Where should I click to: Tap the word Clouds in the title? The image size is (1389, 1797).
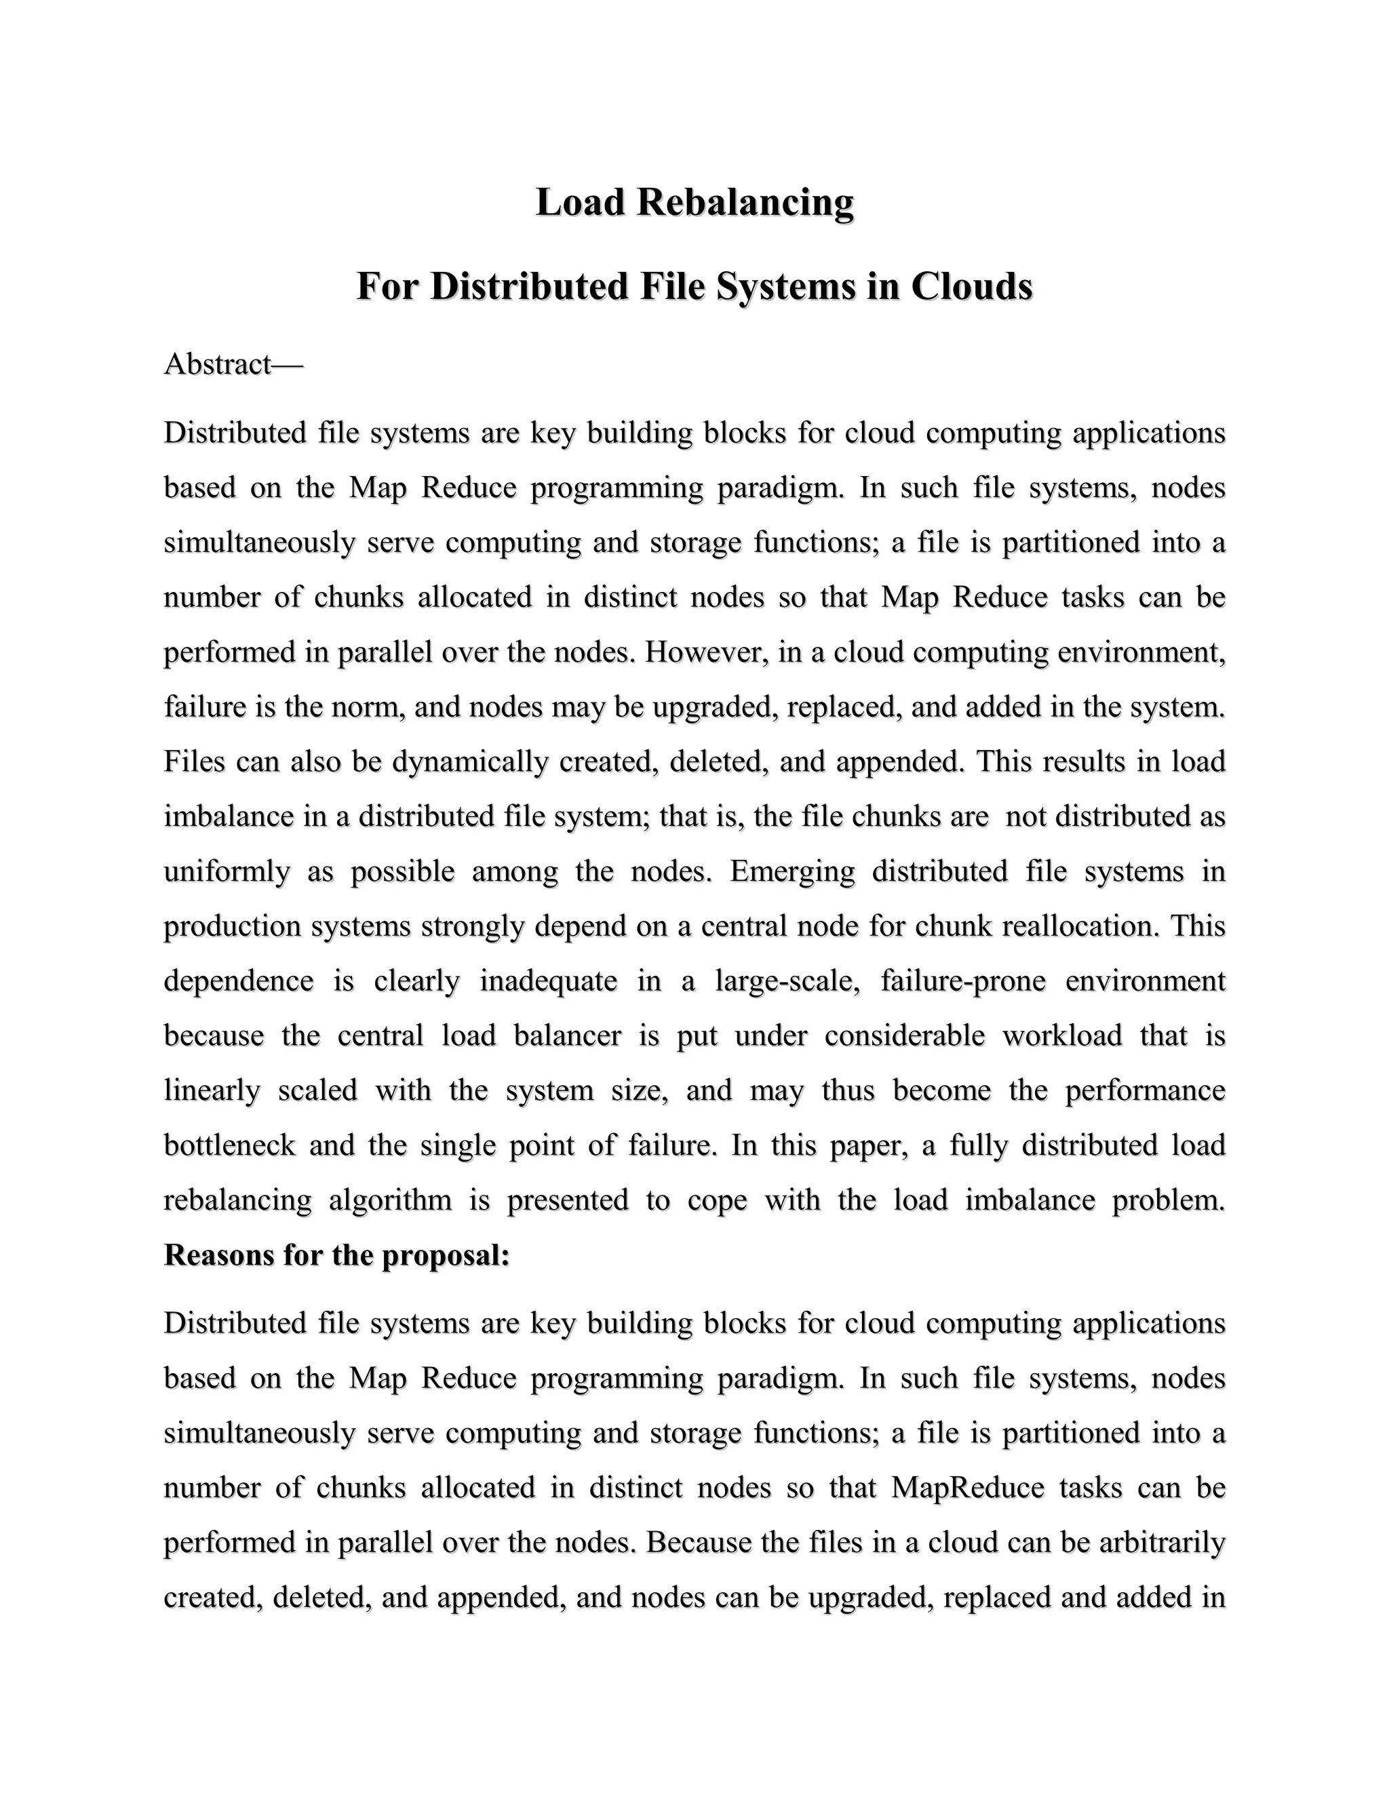971,286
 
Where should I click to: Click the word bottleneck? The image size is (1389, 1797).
230,1146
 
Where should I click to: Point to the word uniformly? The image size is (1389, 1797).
227,871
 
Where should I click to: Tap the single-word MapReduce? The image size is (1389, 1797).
968,1488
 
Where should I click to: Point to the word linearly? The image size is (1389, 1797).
212,1091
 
